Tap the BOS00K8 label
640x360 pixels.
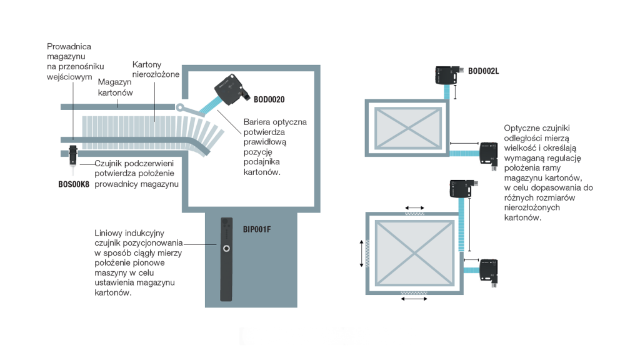(x=73, y=184)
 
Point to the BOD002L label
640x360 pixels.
(x=483, y=71)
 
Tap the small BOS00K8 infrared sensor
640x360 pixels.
(x=73, y=153)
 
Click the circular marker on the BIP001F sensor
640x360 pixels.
(x=226, y=249)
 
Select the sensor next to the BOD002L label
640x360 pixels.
(x=448, y=74)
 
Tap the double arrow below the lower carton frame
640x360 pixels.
(x=414, y=299)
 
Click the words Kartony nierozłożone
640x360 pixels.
(x=156, y=69)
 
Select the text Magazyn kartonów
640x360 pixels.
(x=116, y=87)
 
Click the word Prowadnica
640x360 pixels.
(x=69, y=46)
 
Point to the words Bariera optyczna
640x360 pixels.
(x=275, y=122)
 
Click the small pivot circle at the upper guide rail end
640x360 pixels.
(x=181, y=107)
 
